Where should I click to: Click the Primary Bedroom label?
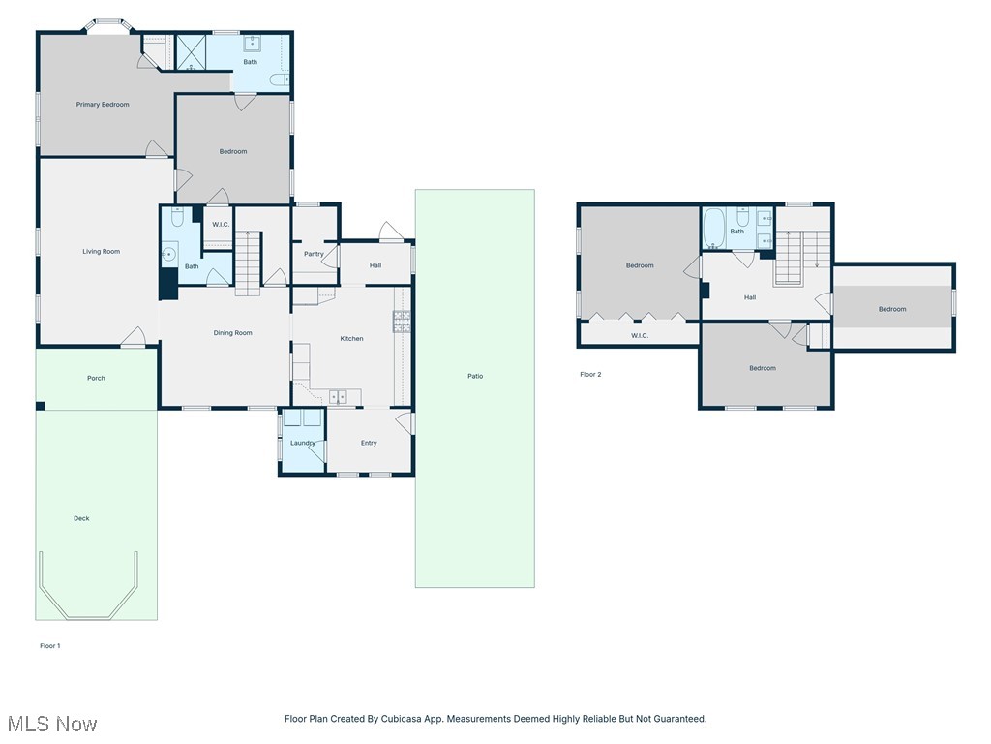tap(103, 105)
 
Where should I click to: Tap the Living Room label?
tap(101, 252)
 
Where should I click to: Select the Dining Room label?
tap(232, 333)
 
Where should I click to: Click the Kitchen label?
tap(351, 339)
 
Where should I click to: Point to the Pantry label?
tap(314, 254)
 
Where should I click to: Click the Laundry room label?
tap(303, 443)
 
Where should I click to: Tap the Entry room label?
tap(369, 443)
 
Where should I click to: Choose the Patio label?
tap(475, 376)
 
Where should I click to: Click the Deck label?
tap(81, 518)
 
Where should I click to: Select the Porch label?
tap(96, 378)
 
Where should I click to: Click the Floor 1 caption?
tap(49, 645)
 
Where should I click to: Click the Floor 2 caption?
tap(590, 374)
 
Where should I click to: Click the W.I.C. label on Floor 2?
tap(640, 336)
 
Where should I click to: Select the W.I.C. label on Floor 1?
tap(220, 225)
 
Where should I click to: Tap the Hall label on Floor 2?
tap(750, 297)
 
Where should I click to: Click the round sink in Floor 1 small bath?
tap(169, 254)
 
